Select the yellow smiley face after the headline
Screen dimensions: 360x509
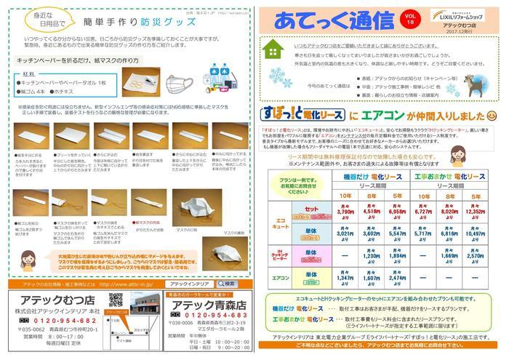tap(492, 116)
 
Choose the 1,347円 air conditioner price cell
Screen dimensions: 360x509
tap(347, 276)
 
